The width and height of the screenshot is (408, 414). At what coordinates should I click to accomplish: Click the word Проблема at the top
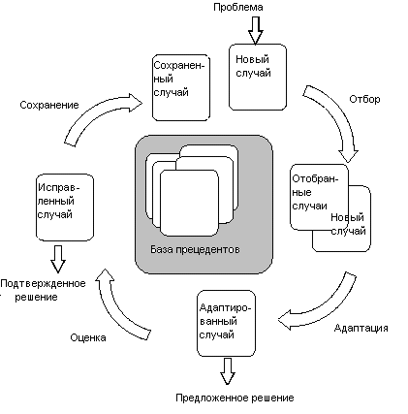coord(238,8)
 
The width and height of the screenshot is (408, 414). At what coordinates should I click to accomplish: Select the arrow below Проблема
coord(255,30)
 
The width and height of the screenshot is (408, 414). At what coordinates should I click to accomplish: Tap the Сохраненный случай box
coord(181,88)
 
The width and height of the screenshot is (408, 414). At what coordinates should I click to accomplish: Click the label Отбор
coord(364,99)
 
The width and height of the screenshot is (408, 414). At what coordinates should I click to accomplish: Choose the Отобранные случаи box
coord(319,197)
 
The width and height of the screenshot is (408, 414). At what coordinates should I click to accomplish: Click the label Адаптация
coord(361,328)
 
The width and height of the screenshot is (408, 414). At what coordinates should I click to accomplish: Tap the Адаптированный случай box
coord(226,323)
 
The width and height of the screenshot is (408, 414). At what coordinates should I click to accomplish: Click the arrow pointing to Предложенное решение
coord(228,370)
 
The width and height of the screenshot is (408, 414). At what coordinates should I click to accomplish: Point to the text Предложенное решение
coord(235,398)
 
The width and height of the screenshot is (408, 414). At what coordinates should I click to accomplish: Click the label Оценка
coord(88,337)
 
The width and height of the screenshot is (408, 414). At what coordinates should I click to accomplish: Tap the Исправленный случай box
coord(65,207)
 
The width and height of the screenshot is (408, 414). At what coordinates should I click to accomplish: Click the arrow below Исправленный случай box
coord(58,259)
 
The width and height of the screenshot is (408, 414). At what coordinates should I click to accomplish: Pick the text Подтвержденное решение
coord(43,290)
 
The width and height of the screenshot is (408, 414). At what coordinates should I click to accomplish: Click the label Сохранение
coord(49,105)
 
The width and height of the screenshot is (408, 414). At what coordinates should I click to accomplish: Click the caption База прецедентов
coord(195,249)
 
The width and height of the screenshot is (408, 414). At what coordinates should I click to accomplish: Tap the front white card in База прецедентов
coord(189,203)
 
